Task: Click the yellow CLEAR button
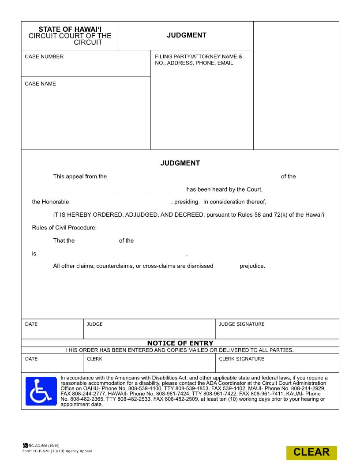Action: click(311, 452)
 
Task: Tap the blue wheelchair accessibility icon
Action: click(41, 391)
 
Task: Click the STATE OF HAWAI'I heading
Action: click(70, 29)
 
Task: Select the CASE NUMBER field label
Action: click(44, 56)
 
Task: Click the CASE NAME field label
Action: click(40, 83)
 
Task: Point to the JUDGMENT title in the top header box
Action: click(186, 35)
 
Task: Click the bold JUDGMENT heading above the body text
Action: click(180, 163)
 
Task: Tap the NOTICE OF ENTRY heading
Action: click(180, 343)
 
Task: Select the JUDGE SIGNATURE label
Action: click(242, 324)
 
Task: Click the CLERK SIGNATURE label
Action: click(241, 359)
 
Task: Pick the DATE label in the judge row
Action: click(31, 324)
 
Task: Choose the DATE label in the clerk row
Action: click(31, 359)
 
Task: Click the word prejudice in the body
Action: click(252, 266)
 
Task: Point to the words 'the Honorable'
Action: click(50, 202)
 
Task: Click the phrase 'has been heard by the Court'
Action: click(224, 189)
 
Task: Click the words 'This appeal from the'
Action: click(80, 177)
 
